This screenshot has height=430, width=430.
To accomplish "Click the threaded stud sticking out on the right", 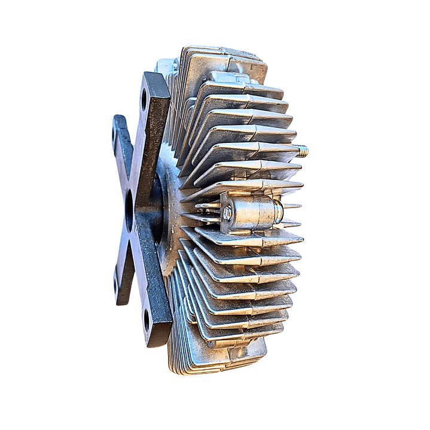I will tap(302, 151).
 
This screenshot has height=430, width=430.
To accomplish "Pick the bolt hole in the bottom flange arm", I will tap(147, 319).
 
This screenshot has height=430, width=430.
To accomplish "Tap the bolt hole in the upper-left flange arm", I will tap(115, 133).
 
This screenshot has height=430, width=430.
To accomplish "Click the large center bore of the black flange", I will tap(129, 211).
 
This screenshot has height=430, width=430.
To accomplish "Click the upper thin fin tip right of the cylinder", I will tap(292, 206).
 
